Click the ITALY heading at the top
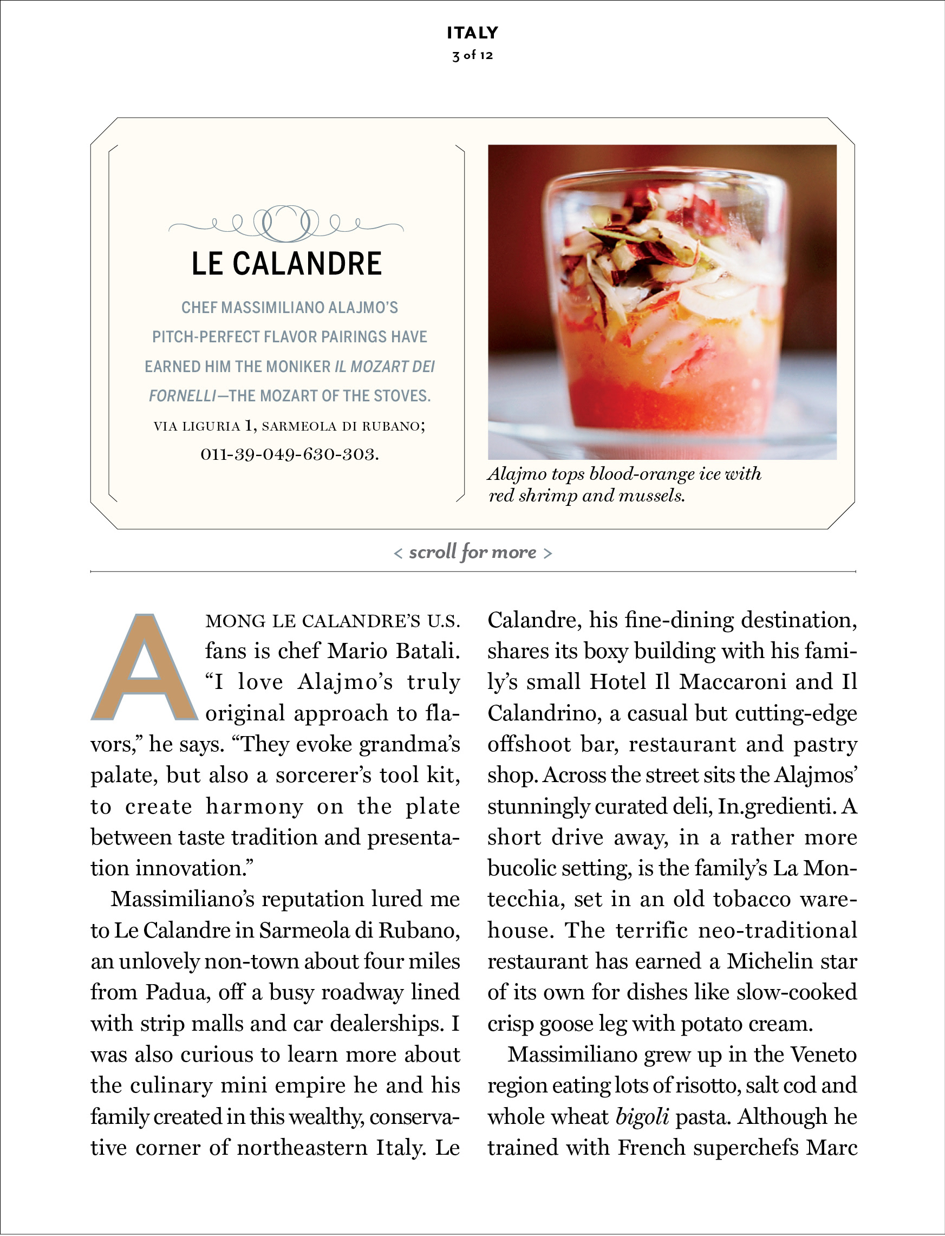point(472,32)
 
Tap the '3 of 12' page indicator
point(472,55)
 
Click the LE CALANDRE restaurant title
point(287,263)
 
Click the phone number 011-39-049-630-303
point(290,454)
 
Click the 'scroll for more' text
point(472,552)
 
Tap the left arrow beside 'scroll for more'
point(398,554)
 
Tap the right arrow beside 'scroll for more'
point(548,554)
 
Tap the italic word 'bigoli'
point(642,1116)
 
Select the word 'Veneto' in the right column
point(824,1055)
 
